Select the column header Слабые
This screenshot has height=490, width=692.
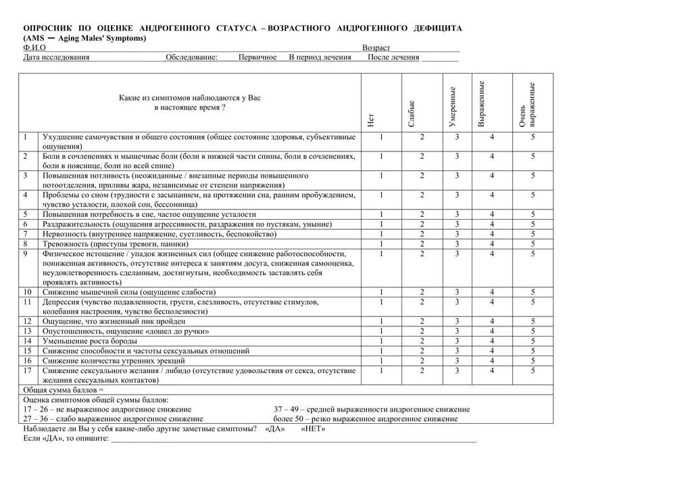(x=412, y=113)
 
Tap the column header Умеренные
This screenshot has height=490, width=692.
(x=453, y=107)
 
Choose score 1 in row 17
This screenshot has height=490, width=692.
(x=381, y=370)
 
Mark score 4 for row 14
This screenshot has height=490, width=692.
(x=492, y=341)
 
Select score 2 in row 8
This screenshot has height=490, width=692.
(x=422, y=244)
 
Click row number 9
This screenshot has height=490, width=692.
(x=25, y=254)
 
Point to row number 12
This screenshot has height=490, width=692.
(x=28, y=322)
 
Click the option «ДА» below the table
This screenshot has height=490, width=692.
(x=275, y=429)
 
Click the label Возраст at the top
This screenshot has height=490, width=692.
(x=376, y=48)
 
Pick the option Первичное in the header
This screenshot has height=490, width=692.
(x=257, y=57)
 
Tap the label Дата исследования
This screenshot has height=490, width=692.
(x=56, y=57)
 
